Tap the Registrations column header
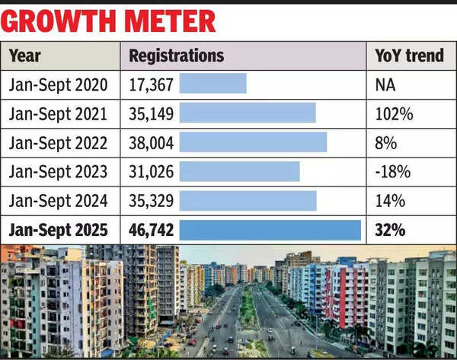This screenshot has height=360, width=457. [x=176, y=56]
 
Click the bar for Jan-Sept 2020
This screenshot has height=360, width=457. [x=213, y=84]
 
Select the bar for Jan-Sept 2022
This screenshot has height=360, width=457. [x=253, y=142]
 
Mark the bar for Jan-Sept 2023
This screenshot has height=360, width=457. [x=239, y=171]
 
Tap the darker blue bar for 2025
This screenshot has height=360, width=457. [x=270, y=230]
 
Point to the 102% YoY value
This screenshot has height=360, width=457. [x=394, y=114]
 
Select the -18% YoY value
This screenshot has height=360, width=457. [x=391, y=172]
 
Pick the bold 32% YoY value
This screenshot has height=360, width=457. [x=389, y=231]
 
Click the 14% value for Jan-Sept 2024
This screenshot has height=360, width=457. [x=389, y=202]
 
